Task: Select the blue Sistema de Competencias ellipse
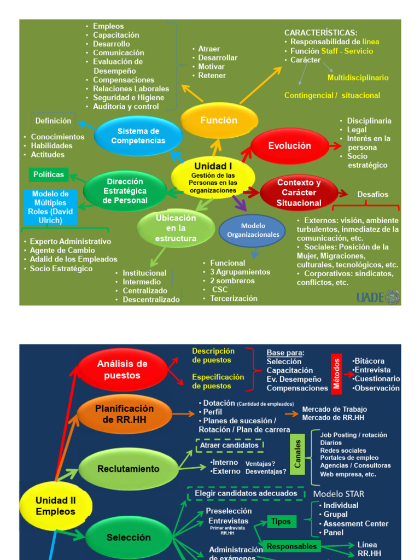point(138,136)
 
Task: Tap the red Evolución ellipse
point(289,146)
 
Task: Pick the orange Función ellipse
point(219,120)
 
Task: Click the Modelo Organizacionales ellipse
point(253,230)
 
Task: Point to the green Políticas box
point(49,175)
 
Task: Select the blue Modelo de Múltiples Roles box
point(50,207)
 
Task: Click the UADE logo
point(378,297)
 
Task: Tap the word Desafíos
point(373,194)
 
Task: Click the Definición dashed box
point(53,121)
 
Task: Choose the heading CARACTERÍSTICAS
point(321,33)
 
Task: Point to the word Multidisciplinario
point(358,78)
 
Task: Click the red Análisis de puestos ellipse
point(122,370)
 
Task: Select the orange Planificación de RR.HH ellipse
point(125,414)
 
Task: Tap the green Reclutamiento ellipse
point(128,469)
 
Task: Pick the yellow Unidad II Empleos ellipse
point(55,506)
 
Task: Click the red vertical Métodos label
point(337,373)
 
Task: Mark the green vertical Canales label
point(298,453)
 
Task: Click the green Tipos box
point(282,522)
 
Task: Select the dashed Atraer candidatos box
point(229,445)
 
